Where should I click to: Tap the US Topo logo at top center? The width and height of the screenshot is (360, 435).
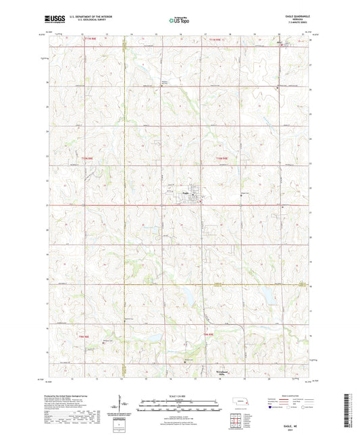click(x=179, y=22)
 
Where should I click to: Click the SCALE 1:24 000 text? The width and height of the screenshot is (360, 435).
click(x=180, y=395)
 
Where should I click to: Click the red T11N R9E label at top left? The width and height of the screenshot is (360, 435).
click(x=92, y=42)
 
